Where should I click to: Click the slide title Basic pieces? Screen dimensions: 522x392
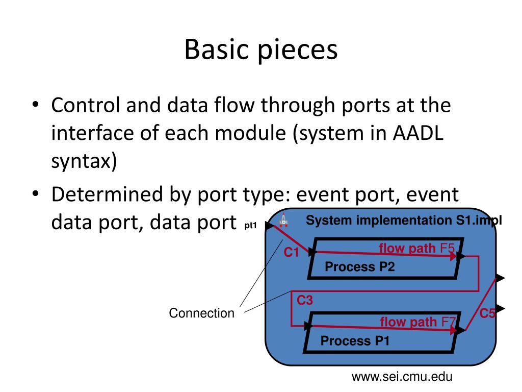click(261, 50)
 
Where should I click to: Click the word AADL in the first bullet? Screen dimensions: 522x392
click(418, 133)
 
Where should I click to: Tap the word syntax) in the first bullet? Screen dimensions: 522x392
click(84, 161)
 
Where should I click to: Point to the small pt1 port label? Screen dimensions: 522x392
click(251, 226)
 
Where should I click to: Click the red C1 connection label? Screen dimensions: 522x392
click(291, 252)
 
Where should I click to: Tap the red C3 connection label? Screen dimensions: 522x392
click(305, 300)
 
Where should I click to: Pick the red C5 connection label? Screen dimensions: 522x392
click(487, 313)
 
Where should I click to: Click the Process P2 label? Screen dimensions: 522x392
click(359, 266)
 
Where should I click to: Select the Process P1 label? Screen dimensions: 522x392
click(355, 340)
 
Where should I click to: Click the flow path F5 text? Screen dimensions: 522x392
click(417, 249)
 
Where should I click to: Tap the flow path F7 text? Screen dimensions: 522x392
click(418, 322)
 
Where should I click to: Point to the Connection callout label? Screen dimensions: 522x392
click(202, 313)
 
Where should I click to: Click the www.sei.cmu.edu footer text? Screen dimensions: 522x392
click(402, 377)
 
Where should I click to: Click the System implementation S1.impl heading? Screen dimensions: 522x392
click(404, 220)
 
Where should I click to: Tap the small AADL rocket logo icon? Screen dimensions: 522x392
click(283, 220)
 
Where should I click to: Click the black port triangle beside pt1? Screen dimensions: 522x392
click(269, 226)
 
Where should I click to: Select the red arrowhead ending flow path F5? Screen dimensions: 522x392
click(453, 256)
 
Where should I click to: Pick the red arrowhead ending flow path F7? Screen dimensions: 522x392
click(453, 330)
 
